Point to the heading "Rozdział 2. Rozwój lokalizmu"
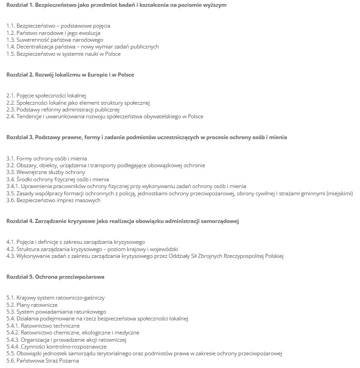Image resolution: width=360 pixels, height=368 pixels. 70,75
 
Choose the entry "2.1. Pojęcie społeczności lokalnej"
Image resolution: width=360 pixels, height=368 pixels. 46,96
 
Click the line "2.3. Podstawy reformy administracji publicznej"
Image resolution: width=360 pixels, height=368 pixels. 63,110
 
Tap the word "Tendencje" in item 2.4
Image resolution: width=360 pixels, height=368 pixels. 30,116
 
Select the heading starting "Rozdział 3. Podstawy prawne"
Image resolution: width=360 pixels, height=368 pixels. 146,137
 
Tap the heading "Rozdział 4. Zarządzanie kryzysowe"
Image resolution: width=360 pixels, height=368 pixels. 122,221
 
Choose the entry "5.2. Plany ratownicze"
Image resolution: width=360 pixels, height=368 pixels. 32,305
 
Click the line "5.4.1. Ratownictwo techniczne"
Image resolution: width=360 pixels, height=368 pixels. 43,326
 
